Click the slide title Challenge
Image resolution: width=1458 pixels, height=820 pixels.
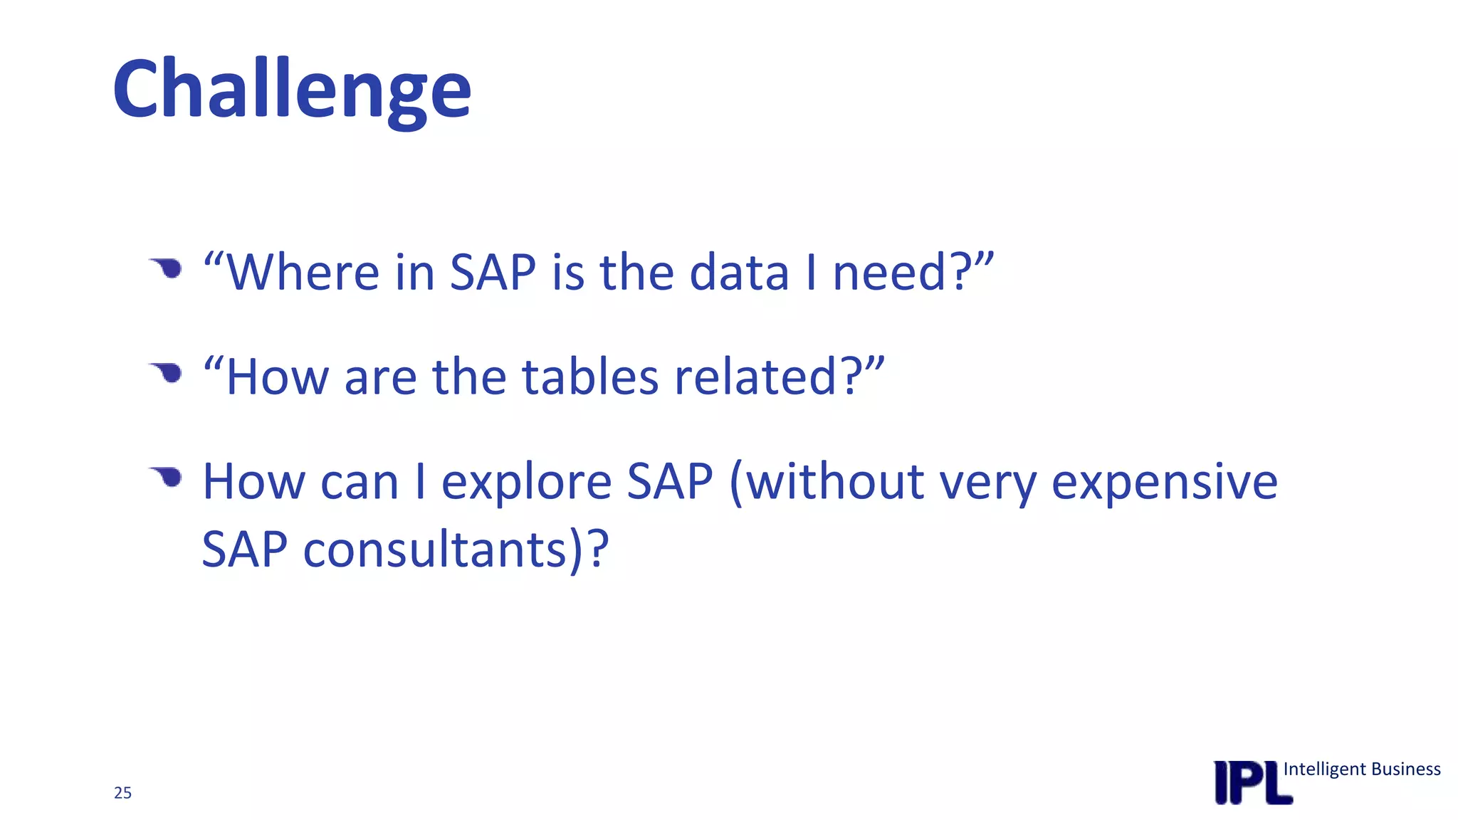pos(292,90)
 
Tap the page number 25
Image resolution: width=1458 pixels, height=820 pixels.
pos(122,793)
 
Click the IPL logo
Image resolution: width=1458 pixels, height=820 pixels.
pos(1252,783)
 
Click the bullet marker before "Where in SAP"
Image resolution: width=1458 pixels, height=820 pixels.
pos(168,268)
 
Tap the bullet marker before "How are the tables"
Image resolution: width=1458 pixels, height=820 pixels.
pos(168,372)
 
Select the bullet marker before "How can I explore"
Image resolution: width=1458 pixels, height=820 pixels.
pos(168,476)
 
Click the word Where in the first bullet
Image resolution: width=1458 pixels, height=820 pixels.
pos(303,272)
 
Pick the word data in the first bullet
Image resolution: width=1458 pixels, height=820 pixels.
pos(739,272)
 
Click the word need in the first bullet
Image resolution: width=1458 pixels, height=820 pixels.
pos(890,272)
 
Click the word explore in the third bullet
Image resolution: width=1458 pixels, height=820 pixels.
pos(526,482)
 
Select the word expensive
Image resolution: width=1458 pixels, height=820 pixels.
pos(1165,482)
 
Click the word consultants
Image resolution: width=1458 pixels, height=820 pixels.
pos(435,550)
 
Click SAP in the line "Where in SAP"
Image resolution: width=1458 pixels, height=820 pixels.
pos(493,272)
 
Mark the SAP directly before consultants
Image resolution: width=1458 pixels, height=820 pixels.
pos(244,550)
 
